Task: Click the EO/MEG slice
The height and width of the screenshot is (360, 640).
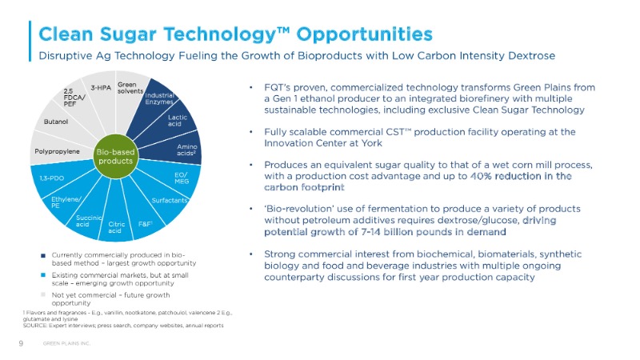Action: coord(181,177)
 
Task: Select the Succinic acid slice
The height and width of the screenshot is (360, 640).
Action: coord(87,219)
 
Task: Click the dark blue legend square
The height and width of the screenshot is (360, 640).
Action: coord(43,256)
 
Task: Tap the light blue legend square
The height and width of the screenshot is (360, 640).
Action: coord(43,274)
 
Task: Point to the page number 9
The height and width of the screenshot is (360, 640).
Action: coord(21,343)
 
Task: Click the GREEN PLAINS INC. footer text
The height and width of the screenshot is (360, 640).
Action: coord(66,344)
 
